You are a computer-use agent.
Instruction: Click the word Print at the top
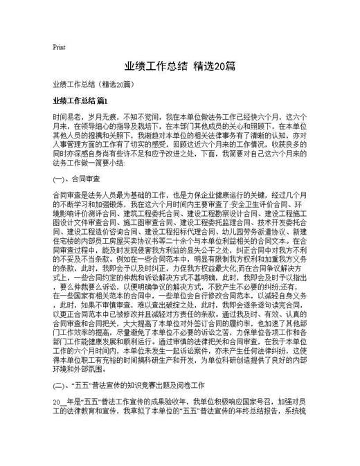(x=59, y=48)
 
